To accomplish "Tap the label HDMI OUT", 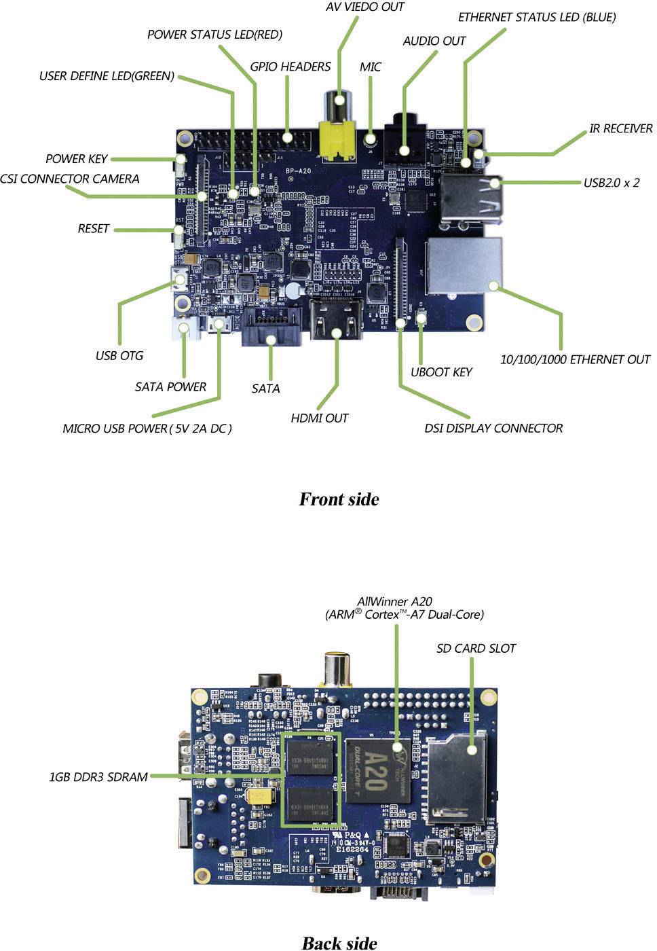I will [319, 418].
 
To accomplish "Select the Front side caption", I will [339, 499].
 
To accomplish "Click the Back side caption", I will [339, 942].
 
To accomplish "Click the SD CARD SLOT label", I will [476, 649].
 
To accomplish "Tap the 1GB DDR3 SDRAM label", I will [98, 776].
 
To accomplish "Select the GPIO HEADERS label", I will [290, 67].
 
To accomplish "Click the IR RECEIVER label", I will [620, 128].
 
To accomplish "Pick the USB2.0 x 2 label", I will [611, 183].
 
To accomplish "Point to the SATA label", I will [265, 389].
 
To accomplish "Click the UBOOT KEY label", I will [441, 372].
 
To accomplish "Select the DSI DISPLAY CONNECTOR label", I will [493, 429].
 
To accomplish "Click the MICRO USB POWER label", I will [147, 429].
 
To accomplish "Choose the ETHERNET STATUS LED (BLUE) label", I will [537, 18].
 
